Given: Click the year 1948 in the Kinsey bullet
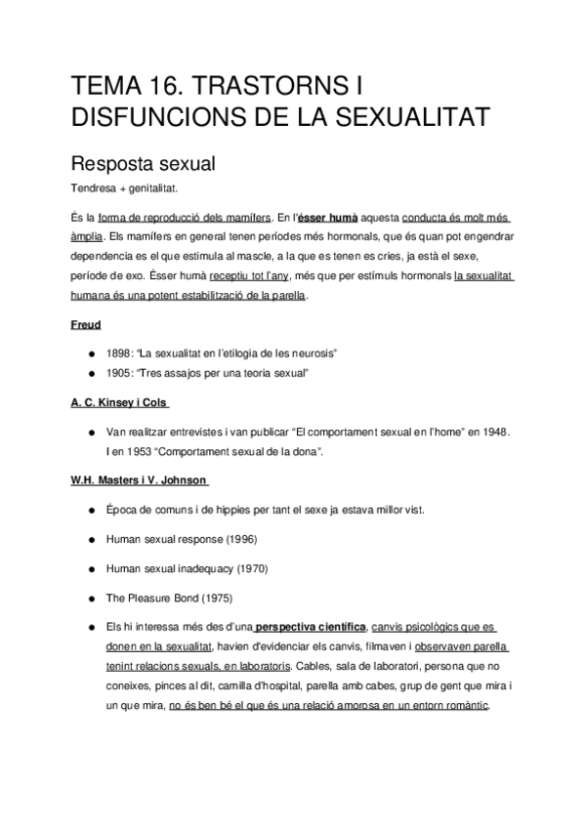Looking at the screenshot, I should pos(489,431).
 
